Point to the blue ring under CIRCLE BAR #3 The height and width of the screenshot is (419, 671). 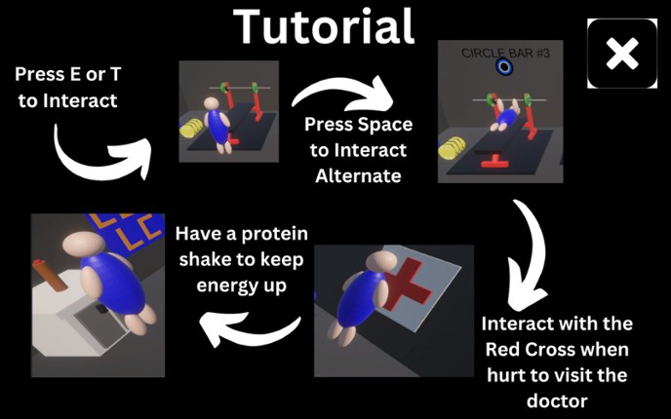(x=504, y=67)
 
